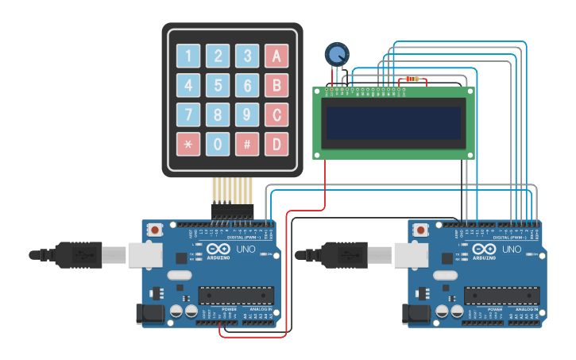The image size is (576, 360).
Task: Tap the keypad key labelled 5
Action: (218, 85)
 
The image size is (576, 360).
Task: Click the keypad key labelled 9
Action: (247, 114)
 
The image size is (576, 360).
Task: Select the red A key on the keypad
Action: (276, 56)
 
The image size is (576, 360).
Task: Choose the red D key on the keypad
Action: (276, 144)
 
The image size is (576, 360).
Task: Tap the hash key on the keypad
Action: (247, 144)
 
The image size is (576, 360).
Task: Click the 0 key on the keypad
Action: (218, 144)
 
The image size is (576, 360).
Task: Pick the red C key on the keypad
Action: (276, 114)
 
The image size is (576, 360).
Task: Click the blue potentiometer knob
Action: (337, 55)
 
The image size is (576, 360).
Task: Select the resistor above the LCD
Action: (412, 79)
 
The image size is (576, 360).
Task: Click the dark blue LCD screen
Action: (394, 122)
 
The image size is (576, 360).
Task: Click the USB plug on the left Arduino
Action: (79, 254)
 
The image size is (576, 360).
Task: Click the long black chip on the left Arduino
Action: (236, 294)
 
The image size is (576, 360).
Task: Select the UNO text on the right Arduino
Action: (512, 250)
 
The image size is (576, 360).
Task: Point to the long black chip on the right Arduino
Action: (501, 294)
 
